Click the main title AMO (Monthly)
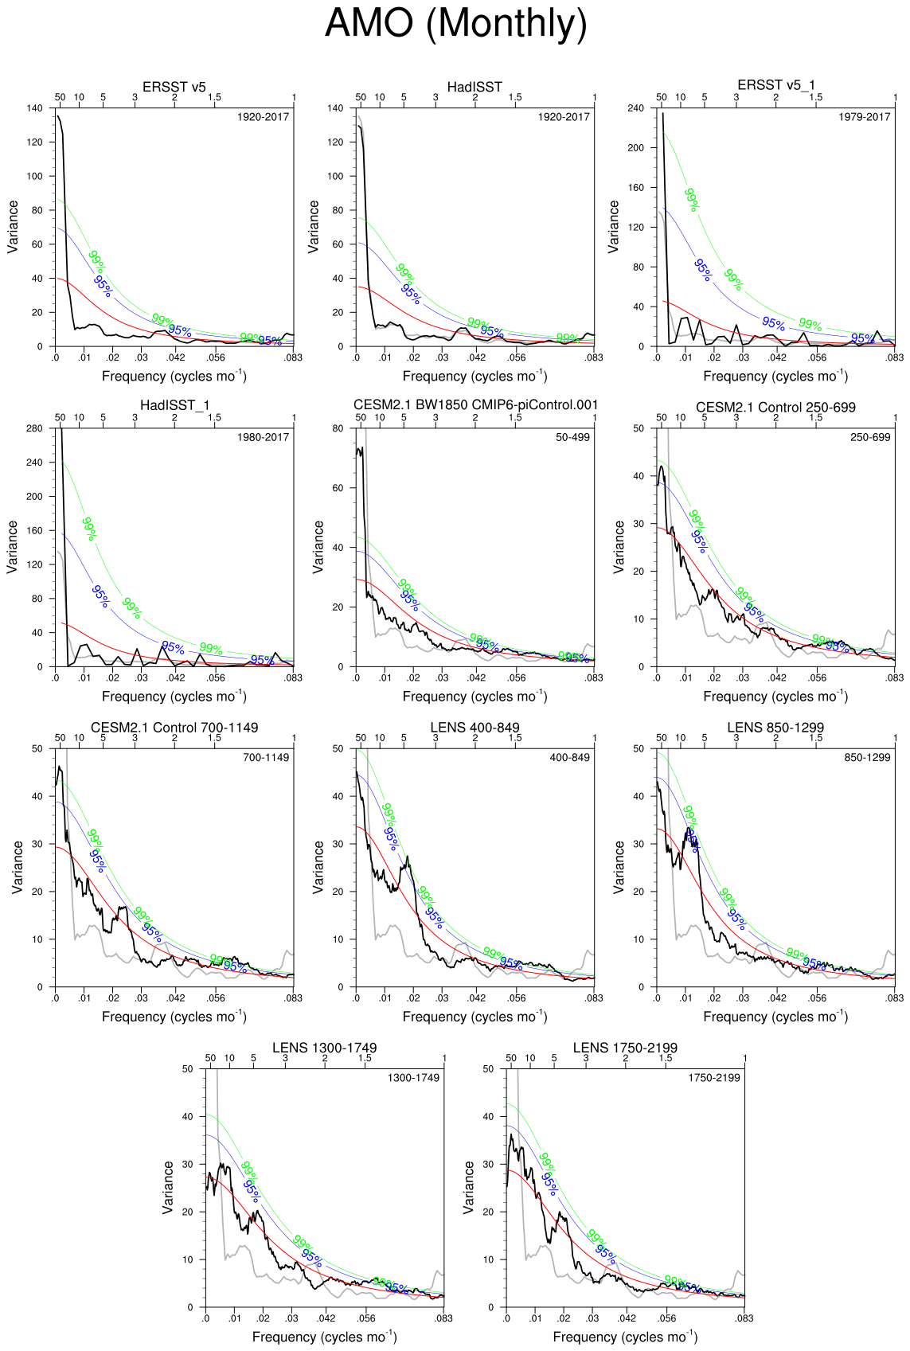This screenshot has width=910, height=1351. [x=455, y=23]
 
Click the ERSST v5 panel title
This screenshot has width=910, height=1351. [x=174, y=87]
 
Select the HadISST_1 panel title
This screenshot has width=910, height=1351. [x=174, y=406]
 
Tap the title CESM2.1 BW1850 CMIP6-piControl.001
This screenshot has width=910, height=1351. [x=475, y=405]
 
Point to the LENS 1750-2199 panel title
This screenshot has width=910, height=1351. [x=625, y=1048]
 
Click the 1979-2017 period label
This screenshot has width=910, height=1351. [x=864, y=117]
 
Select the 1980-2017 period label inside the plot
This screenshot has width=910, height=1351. [x=263, y=437]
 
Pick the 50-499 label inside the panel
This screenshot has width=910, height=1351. [x=572, y=437]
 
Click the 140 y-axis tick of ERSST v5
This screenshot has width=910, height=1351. [x=34, y=108]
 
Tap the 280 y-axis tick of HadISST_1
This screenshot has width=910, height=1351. [x=34, y=428]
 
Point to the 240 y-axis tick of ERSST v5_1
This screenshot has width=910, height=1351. [x=635, y=108]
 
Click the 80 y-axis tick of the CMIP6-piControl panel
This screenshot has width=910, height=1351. [x=338, y=428]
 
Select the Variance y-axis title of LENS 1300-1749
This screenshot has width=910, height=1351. [x=168, y=1187]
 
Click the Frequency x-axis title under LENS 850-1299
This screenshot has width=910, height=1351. [x=775, y=1017]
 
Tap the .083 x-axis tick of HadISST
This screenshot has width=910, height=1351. [x=593, y=357]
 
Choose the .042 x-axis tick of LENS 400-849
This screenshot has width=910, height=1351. [x=476, y=998]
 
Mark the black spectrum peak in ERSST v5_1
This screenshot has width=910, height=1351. [x=662, y=114]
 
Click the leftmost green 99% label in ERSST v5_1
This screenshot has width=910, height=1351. [x=692, y=200]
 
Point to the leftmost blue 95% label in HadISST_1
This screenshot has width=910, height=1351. [x=100, y=596]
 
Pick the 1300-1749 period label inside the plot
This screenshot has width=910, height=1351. [x=413, y=1078]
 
